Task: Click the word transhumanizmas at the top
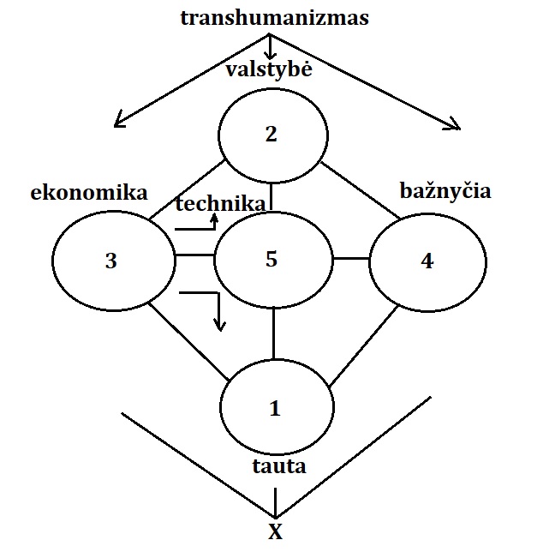click(x=274, y=17)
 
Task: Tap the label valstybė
click(x=269, y=69)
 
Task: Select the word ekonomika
click(x=89, y=192)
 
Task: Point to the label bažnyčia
click(x=445, y=190)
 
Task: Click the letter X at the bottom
click(x=275, y=532)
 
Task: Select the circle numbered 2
click(x=273, y=135)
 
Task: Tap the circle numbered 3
click(x=111, y=261)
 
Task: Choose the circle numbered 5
click(x=272, y=259)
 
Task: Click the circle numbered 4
click(x=427, y=261)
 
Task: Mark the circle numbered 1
click(x=276, y=408)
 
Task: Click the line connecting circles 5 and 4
click(x=350, y=258)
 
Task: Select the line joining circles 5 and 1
click(x=273, y=334)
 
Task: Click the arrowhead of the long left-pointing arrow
click(x=120, y=121)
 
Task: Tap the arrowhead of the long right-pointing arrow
click(x=455, y=127)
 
